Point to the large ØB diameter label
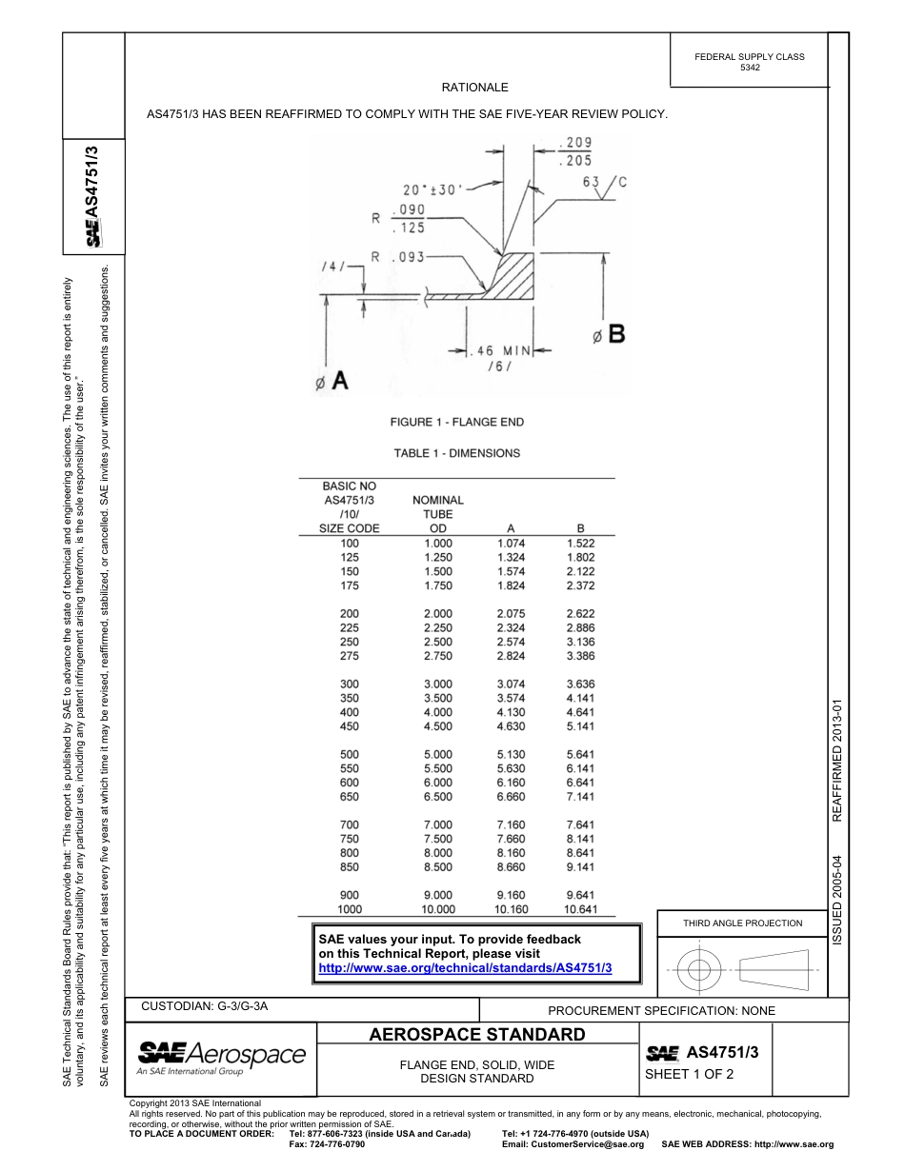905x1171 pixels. [x=608, y=334]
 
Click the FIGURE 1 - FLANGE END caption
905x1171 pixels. [x=457, y=422]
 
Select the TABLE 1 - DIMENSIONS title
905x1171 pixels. [x=457, y=453]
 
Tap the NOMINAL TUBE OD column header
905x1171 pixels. [x=438, y=514]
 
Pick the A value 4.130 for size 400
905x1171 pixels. [x=512, y=712]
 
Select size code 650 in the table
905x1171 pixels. [x=350, y=797]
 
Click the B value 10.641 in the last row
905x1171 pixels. [x=580, y=909]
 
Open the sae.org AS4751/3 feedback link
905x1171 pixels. [x=465, y=967]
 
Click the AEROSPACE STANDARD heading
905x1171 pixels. [x=476, y=1035]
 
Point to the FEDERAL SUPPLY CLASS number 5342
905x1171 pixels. [x=750, y=69]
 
